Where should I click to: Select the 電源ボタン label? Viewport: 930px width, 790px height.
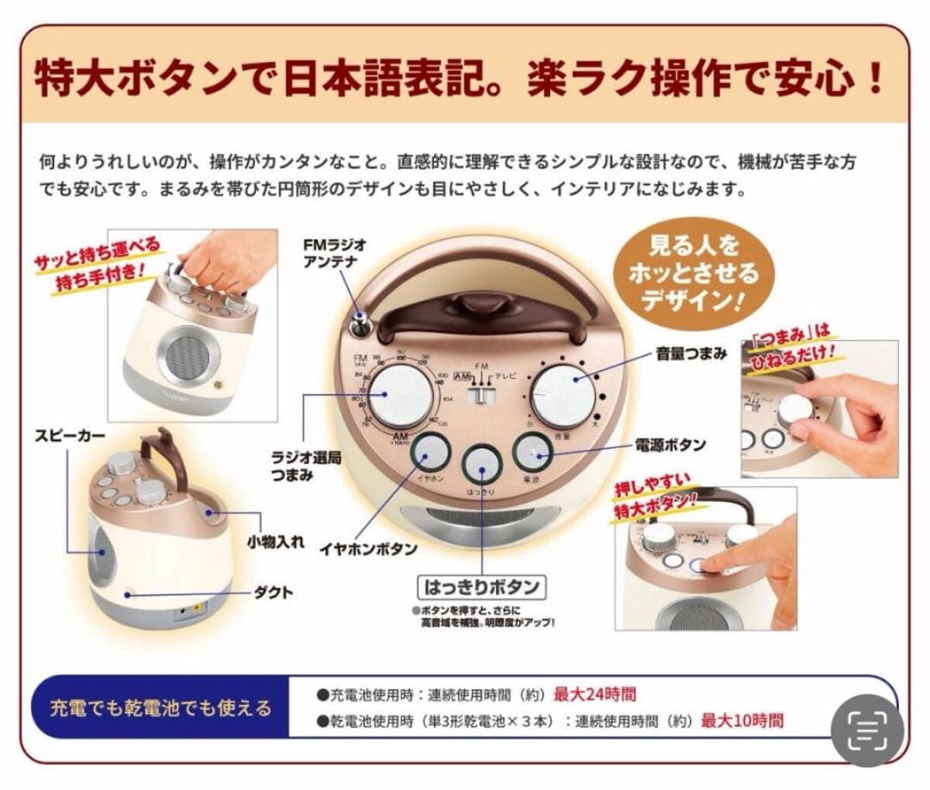(669, 445)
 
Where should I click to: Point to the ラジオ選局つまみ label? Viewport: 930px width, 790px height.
(306, 466)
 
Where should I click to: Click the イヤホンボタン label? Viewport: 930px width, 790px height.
(380, 548)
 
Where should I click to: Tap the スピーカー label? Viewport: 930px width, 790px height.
(70, 436)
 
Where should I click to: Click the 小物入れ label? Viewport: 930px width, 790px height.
(273, 543)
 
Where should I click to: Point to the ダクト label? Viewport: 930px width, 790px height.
(273, 592)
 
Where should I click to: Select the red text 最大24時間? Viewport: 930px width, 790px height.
(594, 694)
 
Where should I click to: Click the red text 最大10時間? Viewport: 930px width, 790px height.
(741, 720)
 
